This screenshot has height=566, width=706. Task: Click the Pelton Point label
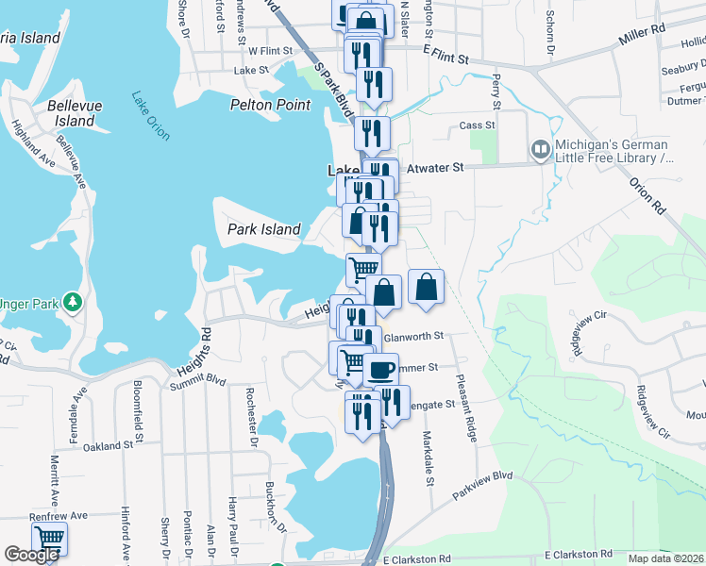point(270,105)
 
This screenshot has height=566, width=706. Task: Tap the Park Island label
point(264,229)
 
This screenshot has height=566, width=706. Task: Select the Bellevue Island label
point(75,113)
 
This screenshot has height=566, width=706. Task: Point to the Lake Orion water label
point(150,116)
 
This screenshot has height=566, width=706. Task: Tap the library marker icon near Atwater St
point(540,149)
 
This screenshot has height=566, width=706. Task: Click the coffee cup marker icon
point(380,369)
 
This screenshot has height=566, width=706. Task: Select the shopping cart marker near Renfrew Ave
point(49,541)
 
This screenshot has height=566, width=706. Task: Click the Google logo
point(31,555)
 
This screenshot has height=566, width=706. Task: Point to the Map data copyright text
point(664,558)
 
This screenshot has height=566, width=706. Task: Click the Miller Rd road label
point(642,37)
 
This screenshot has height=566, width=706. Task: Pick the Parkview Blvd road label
point(481,487)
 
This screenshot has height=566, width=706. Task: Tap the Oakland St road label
point(108,445)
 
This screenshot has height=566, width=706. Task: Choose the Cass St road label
point(477,125)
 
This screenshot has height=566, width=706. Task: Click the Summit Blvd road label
point(198,380)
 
